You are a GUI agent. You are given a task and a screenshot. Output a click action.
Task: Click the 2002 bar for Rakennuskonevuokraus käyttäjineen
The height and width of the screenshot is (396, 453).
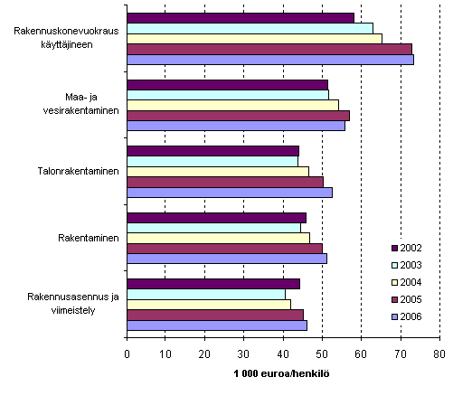[240, 18]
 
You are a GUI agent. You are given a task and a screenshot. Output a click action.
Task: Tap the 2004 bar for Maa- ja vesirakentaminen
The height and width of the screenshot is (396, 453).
[232, 105]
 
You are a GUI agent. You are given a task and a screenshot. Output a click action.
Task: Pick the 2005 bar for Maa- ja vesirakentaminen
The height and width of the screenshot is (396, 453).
[238, 116]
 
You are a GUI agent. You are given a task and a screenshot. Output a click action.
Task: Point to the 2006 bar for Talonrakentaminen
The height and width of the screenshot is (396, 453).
[230, 192]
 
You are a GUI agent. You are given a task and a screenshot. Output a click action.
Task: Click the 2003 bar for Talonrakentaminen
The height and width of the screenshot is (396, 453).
[212, 161]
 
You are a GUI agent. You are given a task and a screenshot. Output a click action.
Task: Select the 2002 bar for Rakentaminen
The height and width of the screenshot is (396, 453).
[216, 217]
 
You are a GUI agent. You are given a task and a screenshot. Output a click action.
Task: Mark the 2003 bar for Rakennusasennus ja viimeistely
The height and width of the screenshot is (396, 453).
[206, 294]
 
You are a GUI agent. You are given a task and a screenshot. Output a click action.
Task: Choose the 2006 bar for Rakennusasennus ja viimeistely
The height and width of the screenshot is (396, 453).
[217, 325]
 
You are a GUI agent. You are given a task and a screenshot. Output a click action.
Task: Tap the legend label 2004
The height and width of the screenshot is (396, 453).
[411, 282]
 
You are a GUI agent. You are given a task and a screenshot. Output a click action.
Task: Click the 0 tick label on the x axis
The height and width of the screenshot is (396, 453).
[127, 354]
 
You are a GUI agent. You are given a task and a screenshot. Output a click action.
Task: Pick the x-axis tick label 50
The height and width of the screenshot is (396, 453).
[322, 354]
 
